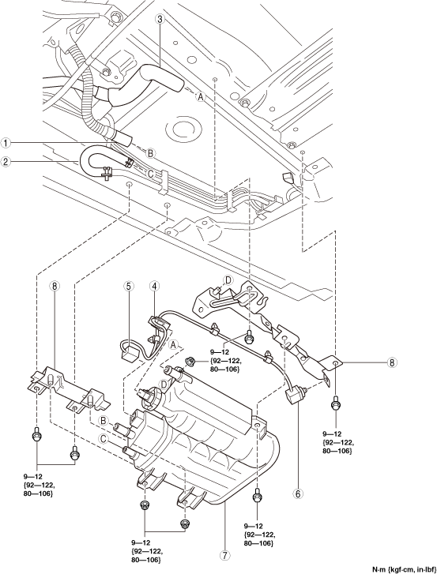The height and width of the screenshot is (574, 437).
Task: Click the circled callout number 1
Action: pyautogui.click(x=6, y=143)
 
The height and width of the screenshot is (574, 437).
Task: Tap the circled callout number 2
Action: pyautogui.click(x=6, y=161)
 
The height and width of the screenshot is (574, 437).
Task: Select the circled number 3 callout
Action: pyautogui.click(x=160, y=20)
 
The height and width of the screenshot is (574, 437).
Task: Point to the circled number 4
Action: pyautogui.click(x=154, y=286)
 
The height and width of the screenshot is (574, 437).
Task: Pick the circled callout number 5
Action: pyautogui.click(x=128, y=286)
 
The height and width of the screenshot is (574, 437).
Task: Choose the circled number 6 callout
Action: pyautogui.click(x=297, y=493)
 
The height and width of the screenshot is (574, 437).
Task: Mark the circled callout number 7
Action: pyautogui.click(x=225, y=555)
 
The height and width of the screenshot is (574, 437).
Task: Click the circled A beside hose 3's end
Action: pyautogui.click(x=201, y=96)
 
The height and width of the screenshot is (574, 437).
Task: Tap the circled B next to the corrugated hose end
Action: pyautogui.click(x=151, y=153)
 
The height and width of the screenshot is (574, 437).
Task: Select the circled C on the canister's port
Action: pyautogui.click(x=104, y=438)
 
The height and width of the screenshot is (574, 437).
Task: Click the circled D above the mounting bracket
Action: pyautogui.click(x=228, y=280)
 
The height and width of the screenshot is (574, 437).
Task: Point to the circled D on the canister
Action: pyautogui.click(x=164, y=384)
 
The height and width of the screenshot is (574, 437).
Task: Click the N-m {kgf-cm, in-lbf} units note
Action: pyautogui.click(x=404, y=569)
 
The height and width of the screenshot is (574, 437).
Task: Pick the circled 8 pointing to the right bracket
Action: pyautogui.click(x=392, y=362)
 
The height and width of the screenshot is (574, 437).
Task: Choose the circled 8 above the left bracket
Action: pyautogui.click(x=55, y=286)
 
